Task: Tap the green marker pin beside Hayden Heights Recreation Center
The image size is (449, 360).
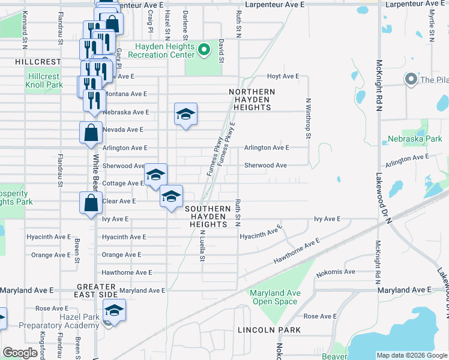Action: (205, 50)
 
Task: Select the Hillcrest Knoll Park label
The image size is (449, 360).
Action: (44, 80)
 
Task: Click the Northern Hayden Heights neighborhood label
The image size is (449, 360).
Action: (252, 99)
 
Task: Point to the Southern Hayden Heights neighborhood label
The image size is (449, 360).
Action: (208, 216)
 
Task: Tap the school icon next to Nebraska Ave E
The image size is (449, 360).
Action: (186, 114)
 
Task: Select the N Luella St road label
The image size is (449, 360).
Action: (203, 245)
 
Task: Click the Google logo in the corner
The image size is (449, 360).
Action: (20, 353)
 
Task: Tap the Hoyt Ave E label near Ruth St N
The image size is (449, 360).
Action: (283, 76)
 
